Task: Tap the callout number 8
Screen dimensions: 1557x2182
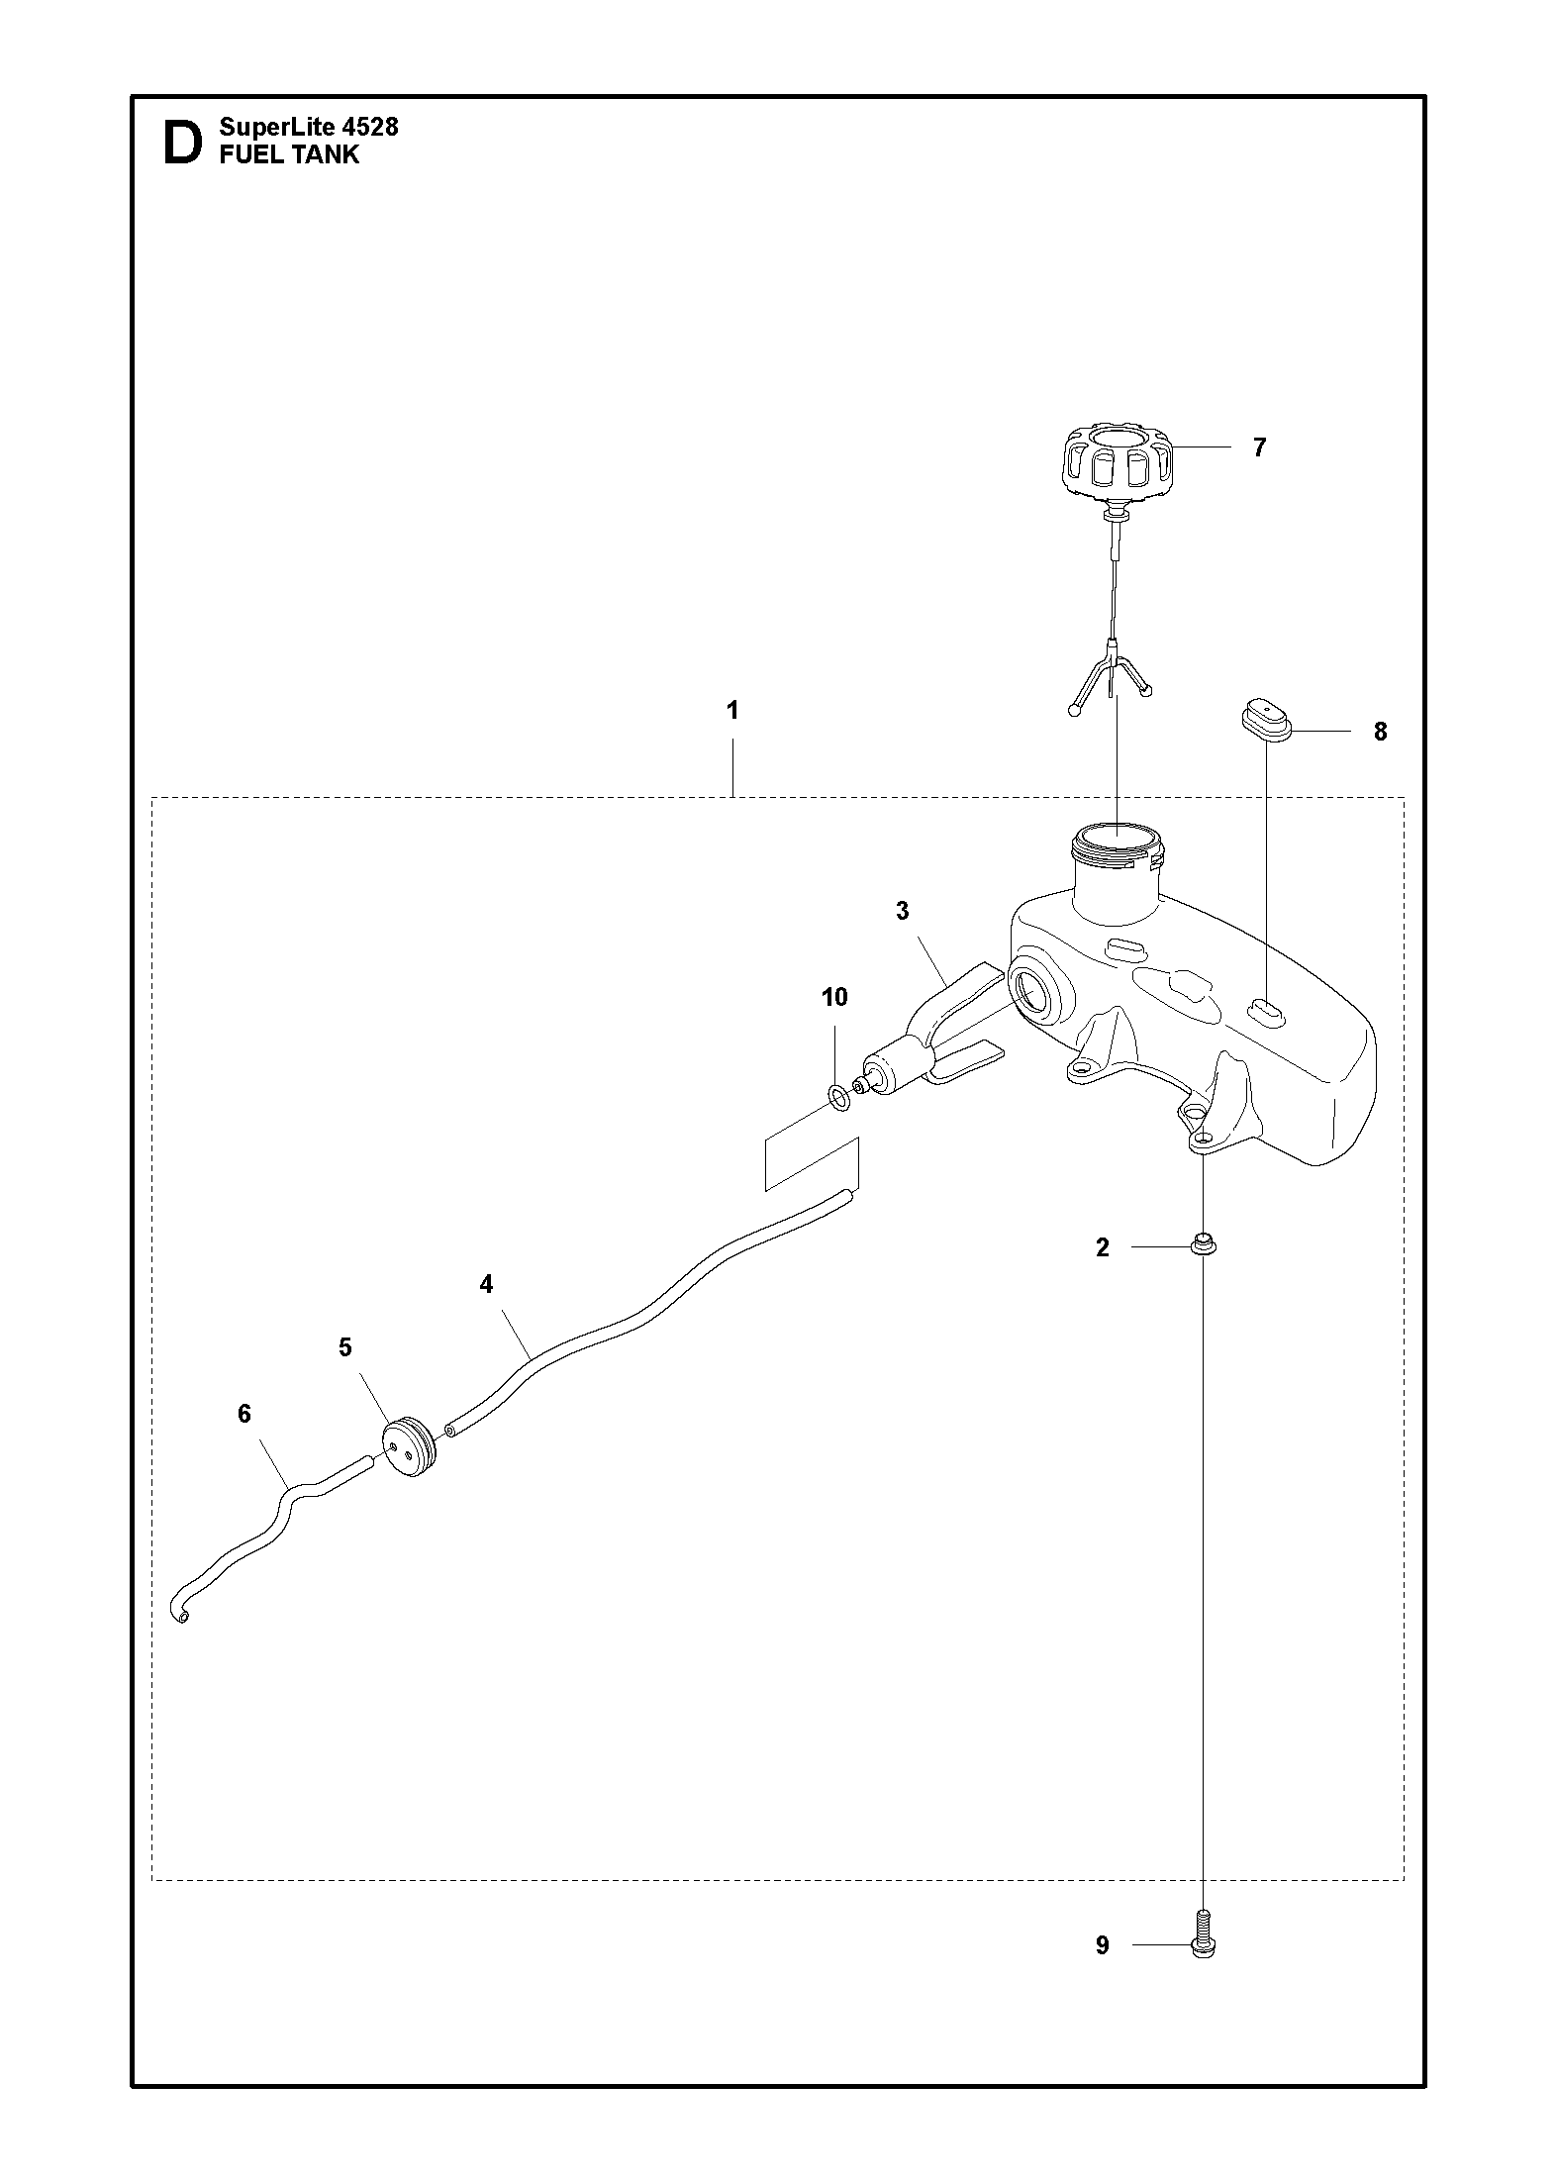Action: click(1380, 732)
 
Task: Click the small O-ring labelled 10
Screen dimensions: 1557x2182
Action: click(837, 1096)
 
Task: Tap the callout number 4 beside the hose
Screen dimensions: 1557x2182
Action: click(486, 1284)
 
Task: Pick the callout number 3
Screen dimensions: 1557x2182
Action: click(902, 911)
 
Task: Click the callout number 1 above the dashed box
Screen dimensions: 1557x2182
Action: click(731, 710)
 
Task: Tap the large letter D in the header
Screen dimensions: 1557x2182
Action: click(182, 143)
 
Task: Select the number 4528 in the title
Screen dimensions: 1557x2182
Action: click(369, 127)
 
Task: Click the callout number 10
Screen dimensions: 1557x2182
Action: click(834, 997)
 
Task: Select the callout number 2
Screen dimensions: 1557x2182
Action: click(1103, 1247)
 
